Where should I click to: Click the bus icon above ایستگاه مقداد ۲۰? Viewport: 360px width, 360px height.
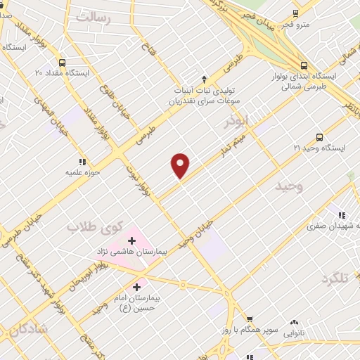pos(62,62)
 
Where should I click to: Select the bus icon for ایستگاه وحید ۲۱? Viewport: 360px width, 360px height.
pos(320,138)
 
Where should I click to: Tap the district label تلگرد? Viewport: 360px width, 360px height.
pos(335,278)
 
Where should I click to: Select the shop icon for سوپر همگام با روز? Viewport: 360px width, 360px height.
pos(250,319)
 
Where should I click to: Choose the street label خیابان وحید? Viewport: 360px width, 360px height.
pos(195,233)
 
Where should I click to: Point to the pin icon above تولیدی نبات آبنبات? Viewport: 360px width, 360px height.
pos(205,79)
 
